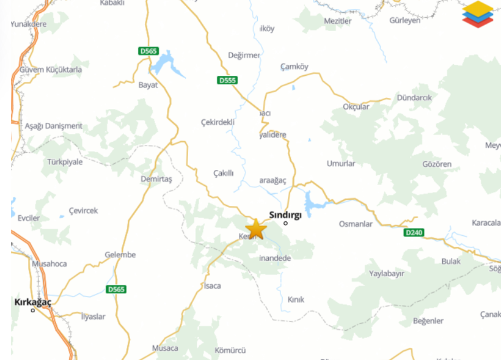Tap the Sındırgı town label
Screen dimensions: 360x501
click(x=285, y=215)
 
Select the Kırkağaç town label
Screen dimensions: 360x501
click(x=33, y=302)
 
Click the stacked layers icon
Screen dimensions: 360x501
click(x=477, y=13)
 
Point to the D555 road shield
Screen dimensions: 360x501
click(x=227, y=81)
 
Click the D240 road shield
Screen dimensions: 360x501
click(x=414, y=233)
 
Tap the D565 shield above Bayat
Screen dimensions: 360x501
click(x=148, y=51)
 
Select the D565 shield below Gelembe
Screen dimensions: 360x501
click(x=116, y=289)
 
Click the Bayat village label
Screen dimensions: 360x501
click(x=148, y=85)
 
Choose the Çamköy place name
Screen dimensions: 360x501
click(x=294, y=67)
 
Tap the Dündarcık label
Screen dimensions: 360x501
click(x=414, y=98)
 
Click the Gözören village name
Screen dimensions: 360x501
click(x=437, y=164)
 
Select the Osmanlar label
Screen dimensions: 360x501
click(x=356, y=224)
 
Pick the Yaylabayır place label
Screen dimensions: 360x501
click(x=387, y=273)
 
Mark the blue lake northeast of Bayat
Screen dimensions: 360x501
click(x=166, y=65)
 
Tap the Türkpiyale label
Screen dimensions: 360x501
click(x=65, y=162)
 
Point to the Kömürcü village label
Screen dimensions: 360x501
click(x=230, y=350)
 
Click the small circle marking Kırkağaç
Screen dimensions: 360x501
click(x=33, y=310)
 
